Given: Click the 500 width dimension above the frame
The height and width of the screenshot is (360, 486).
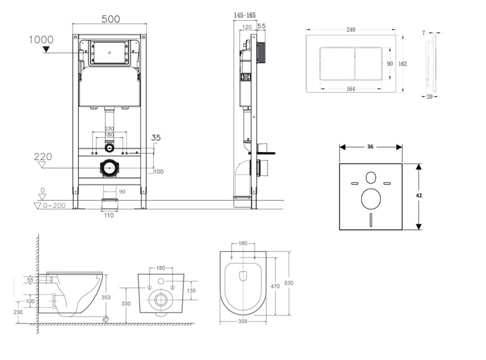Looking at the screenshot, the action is tap(111, 19).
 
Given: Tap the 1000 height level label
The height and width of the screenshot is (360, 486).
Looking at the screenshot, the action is tap(41, 40).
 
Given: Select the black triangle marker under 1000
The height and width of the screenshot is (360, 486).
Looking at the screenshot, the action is tap(46, 49).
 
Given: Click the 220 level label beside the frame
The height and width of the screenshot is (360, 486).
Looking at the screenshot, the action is tap(43, 157).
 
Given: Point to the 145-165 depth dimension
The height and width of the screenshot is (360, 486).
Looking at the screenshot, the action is tap(245, 15).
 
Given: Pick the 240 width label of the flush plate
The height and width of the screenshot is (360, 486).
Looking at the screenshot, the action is tap(351, 30).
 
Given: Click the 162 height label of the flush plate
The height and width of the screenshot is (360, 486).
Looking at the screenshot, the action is tap(402, 64).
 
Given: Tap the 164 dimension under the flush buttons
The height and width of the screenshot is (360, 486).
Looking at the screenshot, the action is tap(351, 89).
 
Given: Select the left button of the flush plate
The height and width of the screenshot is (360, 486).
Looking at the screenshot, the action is tap(337, 64).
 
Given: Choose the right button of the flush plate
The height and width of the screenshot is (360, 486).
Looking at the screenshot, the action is tap(368, 64).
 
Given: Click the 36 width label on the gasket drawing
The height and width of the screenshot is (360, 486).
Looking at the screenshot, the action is tap(370, 147).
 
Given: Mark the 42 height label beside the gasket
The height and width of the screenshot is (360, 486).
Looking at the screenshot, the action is tap(419, 195).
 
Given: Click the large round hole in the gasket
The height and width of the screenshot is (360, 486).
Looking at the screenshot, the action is tap(371, 199).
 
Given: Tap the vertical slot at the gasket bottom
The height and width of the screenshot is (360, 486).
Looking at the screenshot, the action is tap(371, 219).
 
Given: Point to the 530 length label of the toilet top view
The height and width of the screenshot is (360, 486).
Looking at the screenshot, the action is tap(289, 283).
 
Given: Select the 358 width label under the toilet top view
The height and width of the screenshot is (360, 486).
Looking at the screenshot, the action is tap(243, 321).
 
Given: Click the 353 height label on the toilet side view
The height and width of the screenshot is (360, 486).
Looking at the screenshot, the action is tap(106, 297).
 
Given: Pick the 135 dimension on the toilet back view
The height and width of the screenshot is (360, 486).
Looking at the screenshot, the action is tap(191, 291).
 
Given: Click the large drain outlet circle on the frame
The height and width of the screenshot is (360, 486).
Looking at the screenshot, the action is tap(110, 168).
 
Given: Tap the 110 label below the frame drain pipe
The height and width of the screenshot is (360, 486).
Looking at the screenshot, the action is tap(109, 215).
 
